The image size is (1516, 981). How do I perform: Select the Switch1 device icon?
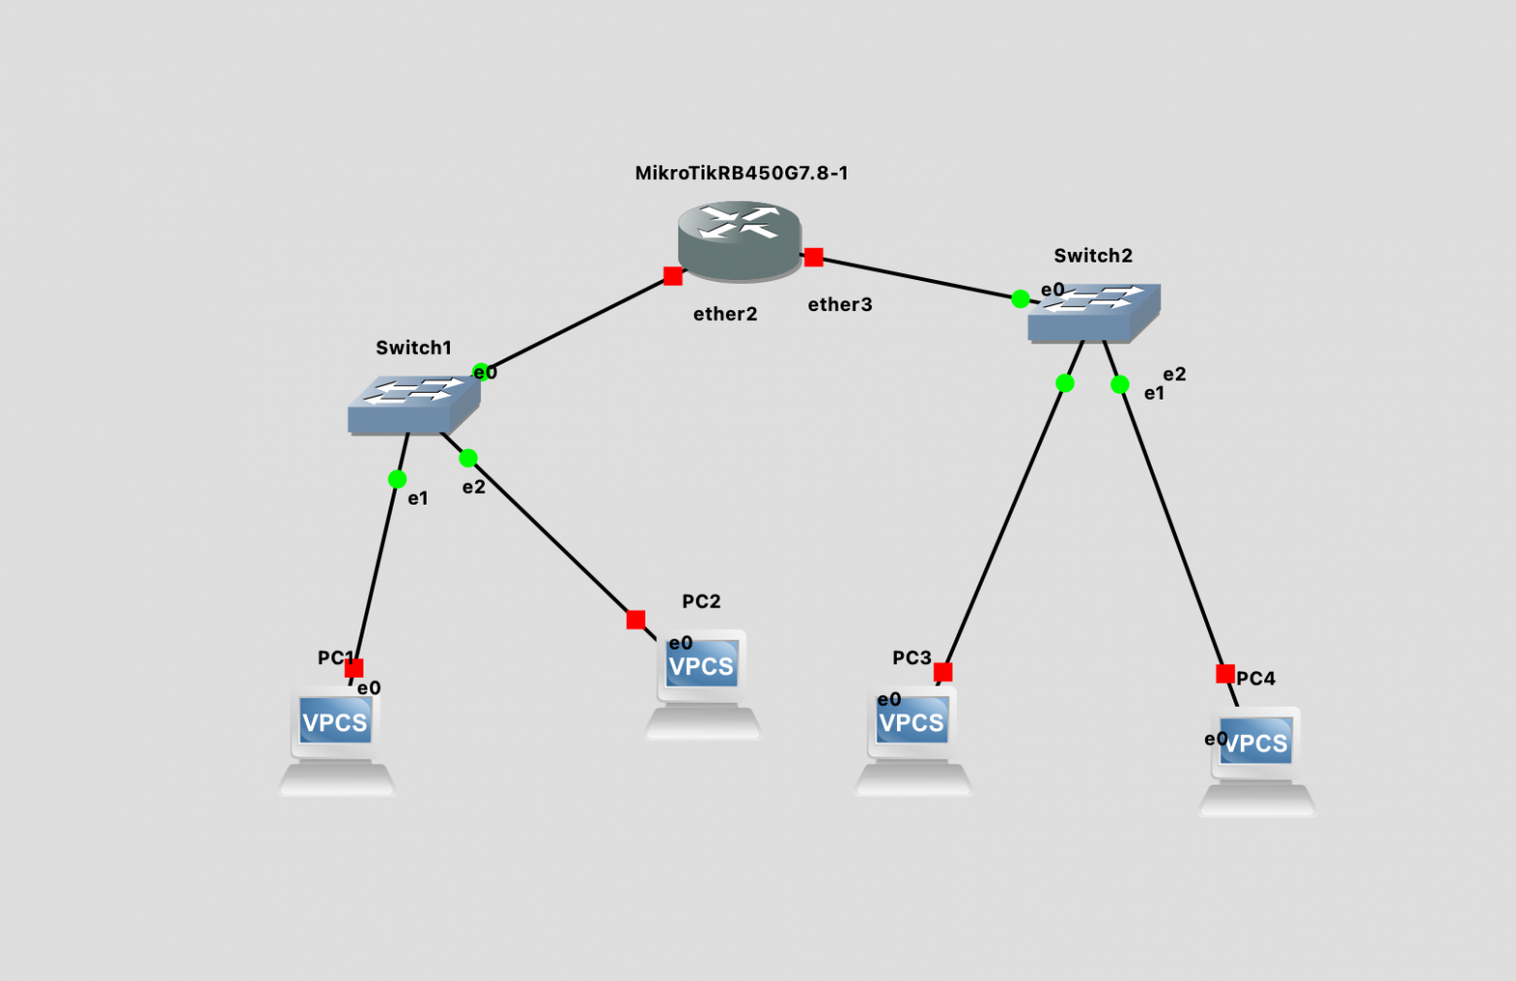pyautogui.click(x=414, y=404)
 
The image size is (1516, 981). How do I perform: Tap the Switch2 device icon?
pyautogui.click(x=1094, y=313)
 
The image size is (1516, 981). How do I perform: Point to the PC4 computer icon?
pyautogui.click(x=1257, y=761)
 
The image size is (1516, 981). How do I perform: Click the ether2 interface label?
pyautogui.click(x=725, y=314)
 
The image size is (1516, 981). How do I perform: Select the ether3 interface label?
pyautogui.click(x=840, y=304)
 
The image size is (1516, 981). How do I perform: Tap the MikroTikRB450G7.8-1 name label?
pyautogui.click(x=741, y=173)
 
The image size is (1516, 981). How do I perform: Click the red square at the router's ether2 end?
pyautogui.click(x=672, y=276)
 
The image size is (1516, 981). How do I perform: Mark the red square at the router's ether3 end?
pyautogui.click(x=814, y=258)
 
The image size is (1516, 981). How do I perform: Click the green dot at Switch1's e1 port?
pyautogui.click(x=396, y=479)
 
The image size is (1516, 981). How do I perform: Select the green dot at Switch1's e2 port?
pyautogui.click(x=467, y=458)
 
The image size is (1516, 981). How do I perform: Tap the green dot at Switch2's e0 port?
pyautogui.click(x=1020, y=299)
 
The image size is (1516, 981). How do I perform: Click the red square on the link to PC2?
pyautogui.click(x=636, y=619)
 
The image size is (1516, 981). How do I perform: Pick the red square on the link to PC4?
pyautogui.click(x=1225, y=674)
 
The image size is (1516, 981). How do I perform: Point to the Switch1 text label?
pyautogui.click(x=414, y=348)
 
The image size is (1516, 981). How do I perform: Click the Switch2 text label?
pyautogui.click(x=1093, y=256)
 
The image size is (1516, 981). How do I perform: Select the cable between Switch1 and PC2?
pyautogui.click(x=552, y=539)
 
